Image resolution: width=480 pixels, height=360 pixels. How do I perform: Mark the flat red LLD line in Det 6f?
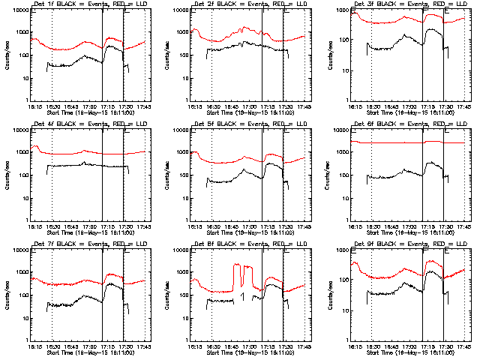tap(390, 142)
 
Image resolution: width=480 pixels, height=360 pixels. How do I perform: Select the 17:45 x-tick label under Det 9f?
tap(463, 346)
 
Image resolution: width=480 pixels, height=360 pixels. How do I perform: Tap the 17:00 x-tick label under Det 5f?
tap(249, 226)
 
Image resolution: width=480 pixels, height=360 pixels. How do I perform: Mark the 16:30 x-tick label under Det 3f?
tap(372, 106)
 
